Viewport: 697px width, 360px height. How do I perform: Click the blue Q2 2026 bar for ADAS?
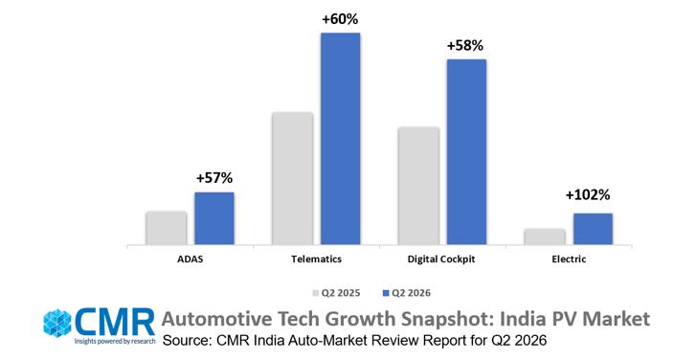[x=214, y=218]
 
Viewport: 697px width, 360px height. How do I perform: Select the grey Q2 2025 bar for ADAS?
[x=167, y=228]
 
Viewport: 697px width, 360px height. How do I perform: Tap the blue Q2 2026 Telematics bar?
[x=341, y=139]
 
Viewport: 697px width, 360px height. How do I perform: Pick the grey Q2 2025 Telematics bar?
[x=293, y=178]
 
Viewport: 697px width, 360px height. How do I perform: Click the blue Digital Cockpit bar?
[x=467, y=151]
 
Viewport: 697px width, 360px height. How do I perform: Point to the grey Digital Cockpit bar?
[x=418, y=186]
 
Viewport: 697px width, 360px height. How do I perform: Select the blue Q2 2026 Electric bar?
[x=593, y=229]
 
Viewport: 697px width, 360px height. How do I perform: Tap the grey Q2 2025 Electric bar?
[x=545, y=236]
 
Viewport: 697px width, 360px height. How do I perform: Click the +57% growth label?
[x=214, y=178]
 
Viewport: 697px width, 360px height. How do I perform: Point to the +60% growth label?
[x=341, y=19]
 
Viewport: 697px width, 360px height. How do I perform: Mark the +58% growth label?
[x=465, y=46]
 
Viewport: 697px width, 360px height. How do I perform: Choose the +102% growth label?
[x=588, y=195]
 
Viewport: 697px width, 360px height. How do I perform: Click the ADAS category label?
[x=190, y=259]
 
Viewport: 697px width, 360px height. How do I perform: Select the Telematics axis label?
[x=317, y=259]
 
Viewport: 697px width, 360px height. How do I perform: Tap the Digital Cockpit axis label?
[x=441, y=259]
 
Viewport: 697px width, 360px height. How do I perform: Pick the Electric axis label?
[x=569, y=259]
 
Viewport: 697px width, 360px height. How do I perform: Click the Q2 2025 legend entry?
[x=336, y=293]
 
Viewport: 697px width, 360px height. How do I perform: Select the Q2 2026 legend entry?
[x=407, y=293]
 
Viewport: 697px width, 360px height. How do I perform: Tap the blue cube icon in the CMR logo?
[x=57, y=323]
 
